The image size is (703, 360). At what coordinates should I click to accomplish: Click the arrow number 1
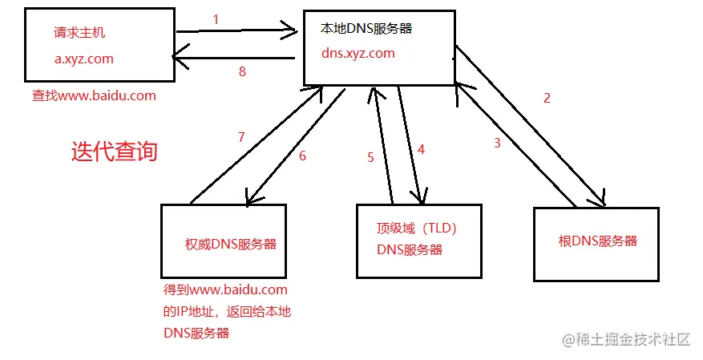coord(216,18)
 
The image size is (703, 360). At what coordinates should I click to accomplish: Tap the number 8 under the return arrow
coord(242,71)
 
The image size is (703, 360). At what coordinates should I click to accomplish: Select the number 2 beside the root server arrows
coord(547,99)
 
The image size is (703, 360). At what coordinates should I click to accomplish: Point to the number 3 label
coord(497,144)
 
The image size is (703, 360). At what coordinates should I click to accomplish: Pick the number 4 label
coord(420,148)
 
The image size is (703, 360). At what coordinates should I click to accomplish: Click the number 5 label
coord(370,157)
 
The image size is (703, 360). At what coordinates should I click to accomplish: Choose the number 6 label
coord(302,156)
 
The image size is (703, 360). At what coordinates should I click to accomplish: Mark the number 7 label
coord(240,137)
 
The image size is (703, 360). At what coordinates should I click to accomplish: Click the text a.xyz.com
coord(84,59)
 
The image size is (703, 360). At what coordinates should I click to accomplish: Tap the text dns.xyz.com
coord(358,54)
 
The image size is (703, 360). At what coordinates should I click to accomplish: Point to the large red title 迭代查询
coord(115,152)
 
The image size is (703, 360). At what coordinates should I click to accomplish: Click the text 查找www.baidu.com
coord(94,95)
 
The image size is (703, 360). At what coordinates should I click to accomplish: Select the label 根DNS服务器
coord(597,241)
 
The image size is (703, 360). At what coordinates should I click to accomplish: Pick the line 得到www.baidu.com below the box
coord(225,289)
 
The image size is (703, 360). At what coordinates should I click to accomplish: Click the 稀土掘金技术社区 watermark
coord(626,339)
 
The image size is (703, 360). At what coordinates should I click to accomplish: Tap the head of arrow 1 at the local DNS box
coord(293,32)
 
